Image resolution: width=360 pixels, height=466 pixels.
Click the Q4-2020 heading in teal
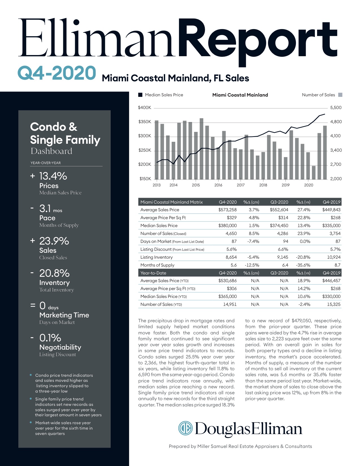coord(56,73)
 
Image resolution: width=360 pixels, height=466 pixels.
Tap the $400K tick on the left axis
coord(145,108)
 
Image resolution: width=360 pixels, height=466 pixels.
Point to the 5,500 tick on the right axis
coord(336,108)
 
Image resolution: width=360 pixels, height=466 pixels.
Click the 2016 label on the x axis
coord(218,185)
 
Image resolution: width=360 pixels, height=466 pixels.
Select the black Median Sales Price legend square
coord(140,95)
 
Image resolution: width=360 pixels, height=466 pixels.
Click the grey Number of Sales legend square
coord(340,95)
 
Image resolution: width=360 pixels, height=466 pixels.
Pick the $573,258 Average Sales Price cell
coord(227,210)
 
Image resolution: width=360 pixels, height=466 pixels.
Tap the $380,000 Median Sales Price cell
coord(227,226)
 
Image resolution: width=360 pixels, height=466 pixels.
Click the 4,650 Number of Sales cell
coord(231,234)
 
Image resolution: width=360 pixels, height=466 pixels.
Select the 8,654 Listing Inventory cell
coord(231,257)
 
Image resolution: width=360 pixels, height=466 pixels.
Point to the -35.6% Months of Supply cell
coord(303,265)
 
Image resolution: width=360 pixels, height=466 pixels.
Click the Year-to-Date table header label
coord(153,273)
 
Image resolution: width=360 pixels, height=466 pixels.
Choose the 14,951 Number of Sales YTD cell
coord(230,304)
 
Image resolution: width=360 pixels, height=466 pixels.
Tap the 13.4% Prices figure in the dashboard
coord(53,176)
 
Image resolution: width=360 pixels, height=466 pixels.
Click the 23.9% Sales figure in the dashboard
coord(54,241)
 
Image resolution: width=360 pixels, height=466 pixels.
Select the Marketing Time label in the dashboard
coord(64,315)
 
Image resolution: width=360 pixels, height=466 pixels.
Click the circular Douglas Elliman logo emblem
coord(185,428)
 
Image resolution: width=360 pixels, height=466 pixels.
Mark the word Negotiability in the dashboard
coord(60,347)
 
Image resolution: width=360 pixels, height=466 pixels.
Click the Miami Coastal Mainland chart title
coord(240,95)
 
